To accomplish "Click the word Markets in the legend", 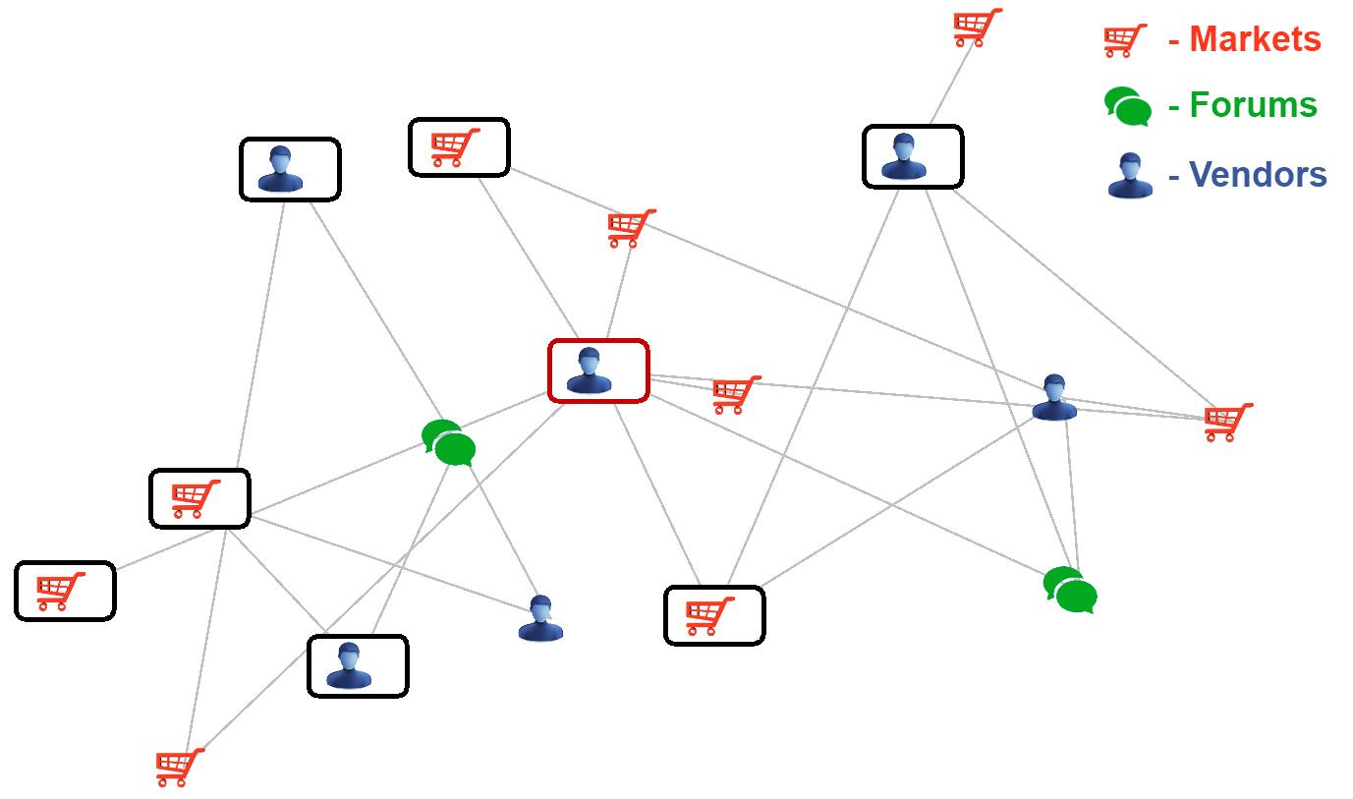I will pos(1255,39).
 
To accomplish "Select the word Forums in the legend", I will pos(1253,104).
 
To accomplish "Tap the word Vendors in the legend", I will pos(1258,175).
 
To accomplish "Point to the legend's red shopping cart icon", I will pos(1125,40).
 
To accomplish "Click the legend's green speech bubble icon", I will pos(1127,106).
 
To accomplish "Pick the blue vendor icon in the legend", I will pos(1130,176).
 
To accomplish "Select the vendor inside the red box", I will pos(590,371).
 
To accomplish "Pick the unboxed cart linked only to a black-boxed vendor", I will pos(977,28).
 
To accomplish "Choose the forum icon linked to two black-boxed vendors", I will pos(449,443).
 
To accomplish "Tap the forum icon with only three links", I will pos(1070,591).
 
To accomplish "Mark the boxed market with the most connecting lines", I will pos(197,498).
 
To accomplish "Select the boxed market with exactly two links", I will pos(458,147).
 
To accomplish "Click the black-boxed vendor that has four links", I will pos(912,156).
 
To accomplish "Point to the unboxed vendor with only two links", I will pos(540,618).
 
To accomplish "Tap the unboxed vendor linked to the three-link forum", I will pos(1054,397).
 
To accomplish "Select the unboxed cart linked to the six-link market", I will pos(180,767).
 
